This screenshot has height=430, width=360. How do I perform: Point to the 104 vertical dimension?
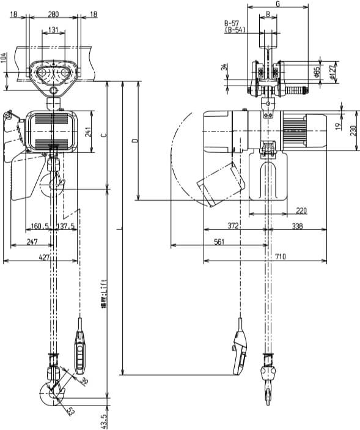(4, 59)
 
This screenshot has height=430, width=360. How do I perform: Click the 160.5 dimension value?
(39, 227)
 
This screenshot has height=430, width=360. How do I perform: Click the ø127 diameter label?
(334, 73)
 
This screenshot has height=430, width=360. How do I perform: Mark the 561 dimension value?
(218, 242)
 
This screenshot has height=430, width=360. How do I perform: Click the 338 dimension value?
(296, 226)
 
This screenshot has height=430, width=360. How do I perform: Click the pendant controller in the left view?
(80, 352)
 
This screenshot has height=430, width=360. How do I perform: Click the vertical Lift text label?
(105, 294)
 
